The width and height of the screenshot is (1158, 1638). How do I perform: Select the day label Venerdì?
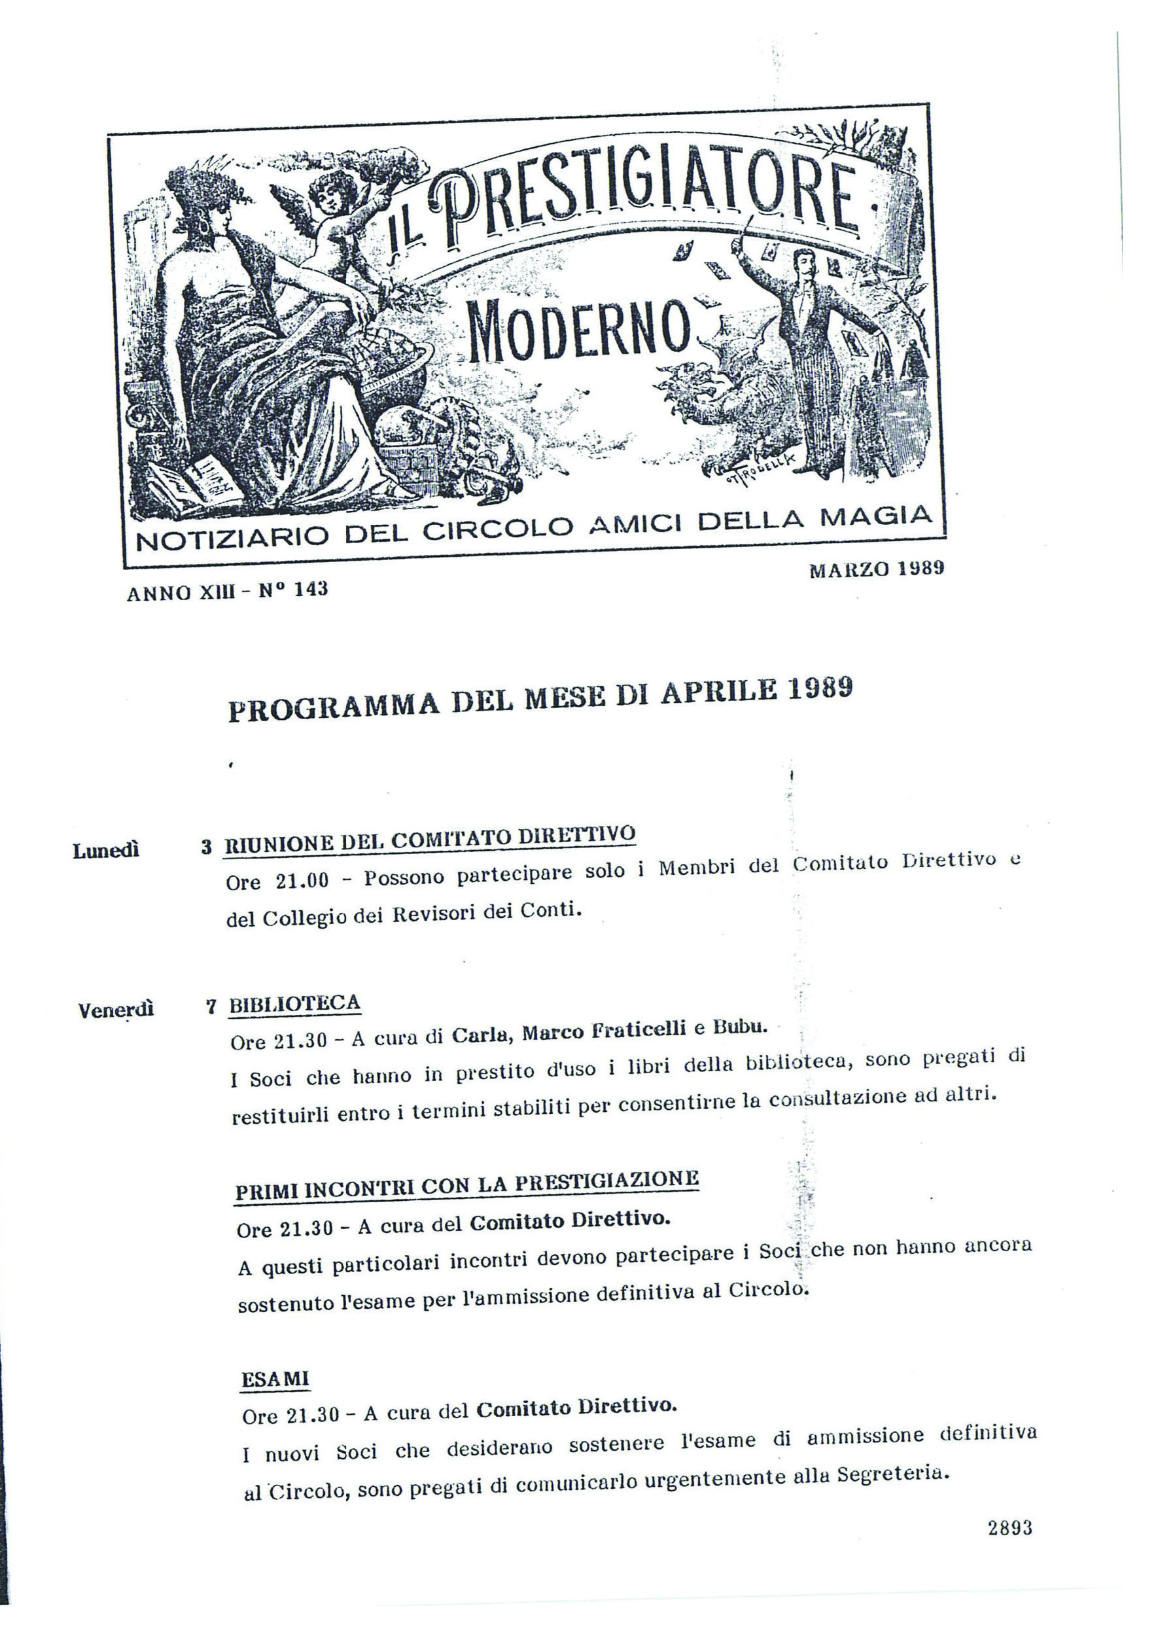pos(116,1010)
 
